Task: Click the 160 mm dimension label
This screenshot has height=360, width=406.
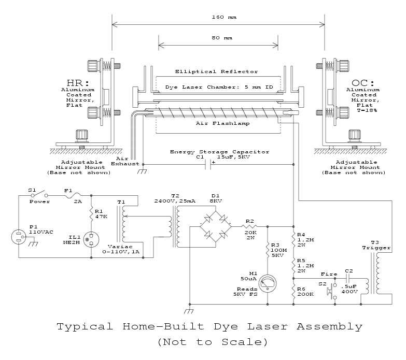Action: (x=224, y=17)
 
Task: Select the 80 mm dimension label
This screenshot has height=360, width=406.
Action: (x=222, y=38)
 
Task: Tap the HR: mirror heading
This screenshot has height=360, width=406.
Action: (x=78, y=83)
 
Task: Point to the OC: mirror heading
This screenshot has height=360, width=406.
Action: (x=363, y=83)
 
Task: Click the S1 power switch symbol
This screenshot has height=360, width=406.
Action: (x=39, y=194)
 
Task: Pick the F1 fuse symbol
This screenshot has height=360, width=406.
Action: (x=73, y=196)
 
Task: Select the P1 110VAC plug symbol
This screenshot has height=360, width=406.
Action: (x=19, y=237)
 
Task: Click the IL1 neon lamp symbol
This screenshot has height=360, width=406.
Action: (x=91, y=239)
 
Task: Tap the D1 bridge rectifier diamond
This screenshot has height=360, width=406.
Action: (x=216, y=226)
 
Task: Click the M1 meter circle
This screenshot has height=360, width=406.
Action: (x=268, y=284)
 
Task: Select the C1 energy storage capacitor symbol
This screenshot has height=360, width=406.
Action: (x=208, y=165)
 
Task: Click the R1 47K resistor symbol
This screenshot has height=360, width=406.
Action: (x=91, y=214)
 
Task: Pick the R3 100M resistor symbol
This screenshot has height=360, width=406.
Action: (x=268, y=250)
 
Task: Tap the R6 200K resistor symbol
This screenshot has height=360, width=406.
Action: (x=293, y=292)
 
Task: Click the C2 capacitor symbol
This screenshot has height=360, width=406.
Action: (x=348, y=279)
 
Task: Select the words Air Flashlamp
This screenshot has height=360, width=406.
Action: (x=222, y=123)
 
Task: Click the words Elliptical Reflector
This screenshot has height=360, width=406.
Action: (x=216, y=71)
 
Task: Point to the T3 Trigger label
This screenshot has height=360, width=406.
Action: (x=376, y=245)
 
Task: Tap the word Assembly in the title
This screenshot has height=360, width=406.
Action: (x=329, y=327)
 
